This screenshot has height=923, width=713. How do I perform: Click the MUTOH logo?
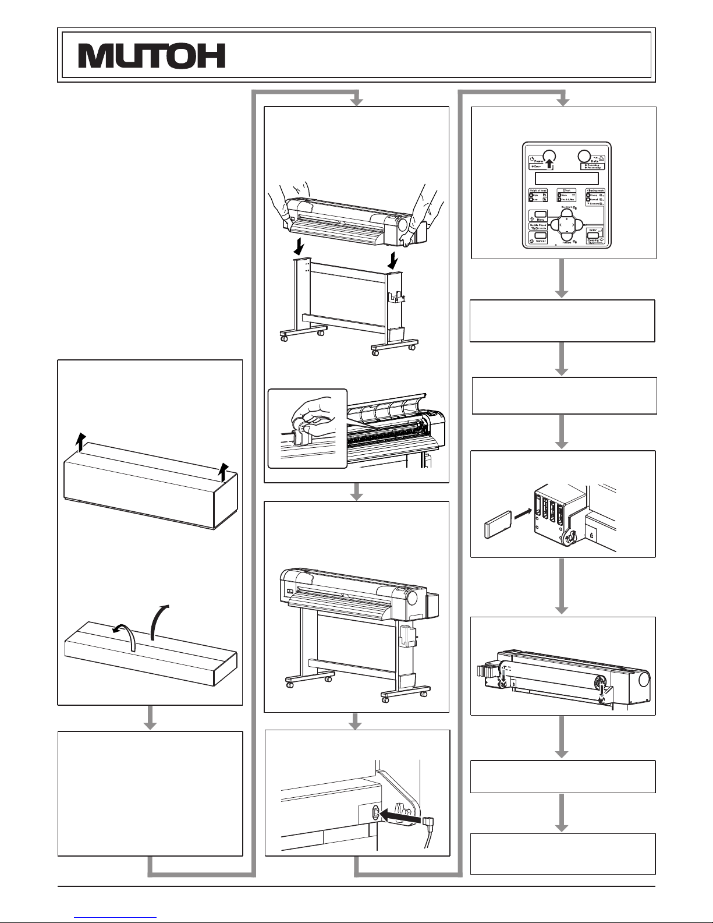152,56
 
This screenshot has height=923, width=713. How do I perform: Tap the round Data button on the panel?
584,157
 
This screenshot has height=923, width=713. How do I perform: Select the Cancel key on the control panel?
541,236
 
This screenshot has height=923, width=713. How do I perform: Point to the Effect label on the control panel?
566,190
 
